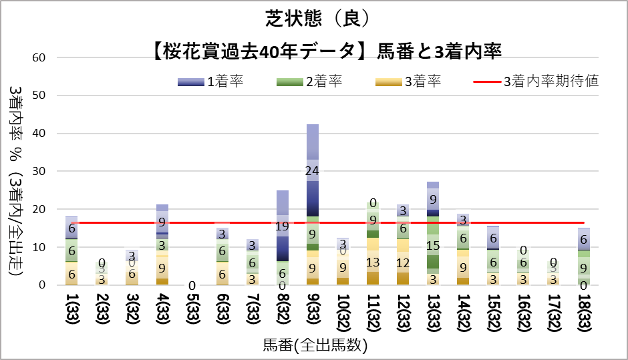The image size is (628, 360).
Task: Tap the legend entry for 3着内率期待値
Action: click(x=536, y=82)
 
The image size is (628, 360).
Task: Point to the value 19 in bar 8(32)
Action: click(x=283, y=226)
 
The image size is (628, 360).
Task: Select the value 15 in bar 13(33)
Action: click(x=433, y=245)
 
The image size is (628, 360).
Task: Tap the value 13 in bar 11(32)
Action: click(x=373, y=261)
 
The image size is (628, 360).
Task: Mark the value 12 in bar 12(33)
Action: click(x=403, y=262)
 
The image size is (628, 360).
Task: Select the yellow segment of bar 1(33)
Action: click(x=72, y=273)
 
